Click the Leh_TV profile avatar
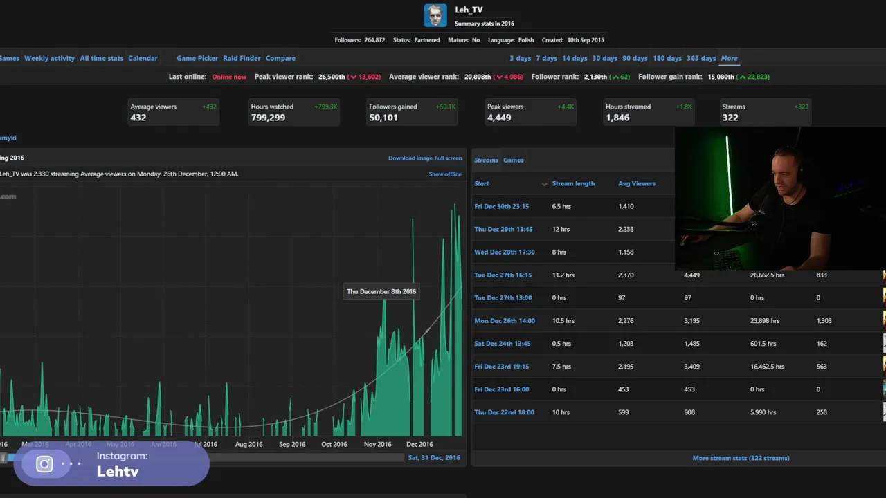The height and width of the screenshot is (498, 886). point(435,15)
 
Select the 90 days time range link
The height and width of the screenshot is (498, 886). point(635,58)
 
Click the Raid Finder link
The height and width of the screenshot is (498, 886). point(242,58)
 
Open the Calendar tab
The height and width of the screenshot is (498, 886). point(143,58)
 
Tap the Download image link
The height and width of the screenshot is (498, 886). point(410,158)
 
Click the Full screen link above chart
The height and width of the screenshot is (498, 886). point(448,158)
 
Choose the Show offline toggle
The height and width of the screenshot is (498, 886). point(445,174)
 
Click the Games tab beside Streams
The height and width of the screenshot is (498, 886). point(513,160)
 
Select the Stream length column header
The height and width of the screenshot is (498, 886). point(573,183)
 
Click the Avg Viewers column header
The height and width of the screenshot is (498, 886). point(636,183)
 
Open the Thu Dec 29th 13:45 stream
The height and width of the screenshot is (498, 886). point(503,229)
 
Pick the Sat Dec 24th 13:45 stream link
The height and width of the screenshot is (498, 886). point(503,344)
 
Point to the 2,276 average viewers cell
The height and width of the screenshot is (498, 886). point(628,321)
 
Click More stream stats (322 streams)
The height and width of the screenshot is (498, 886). point(741,458)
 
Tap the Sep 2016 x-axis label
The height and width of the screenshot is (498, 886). point(291,444)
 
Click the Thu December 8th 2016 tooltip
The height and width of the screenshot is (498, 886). point(381,291)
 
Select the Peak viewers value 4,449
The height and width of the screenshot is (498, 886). point(499,118)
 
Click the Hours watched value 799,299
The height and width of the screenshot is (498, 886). point(268,118)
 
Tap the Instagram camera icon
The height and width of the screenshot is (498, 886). point(44,464)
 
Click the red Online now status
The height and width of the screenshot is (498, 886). point(229,77)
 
